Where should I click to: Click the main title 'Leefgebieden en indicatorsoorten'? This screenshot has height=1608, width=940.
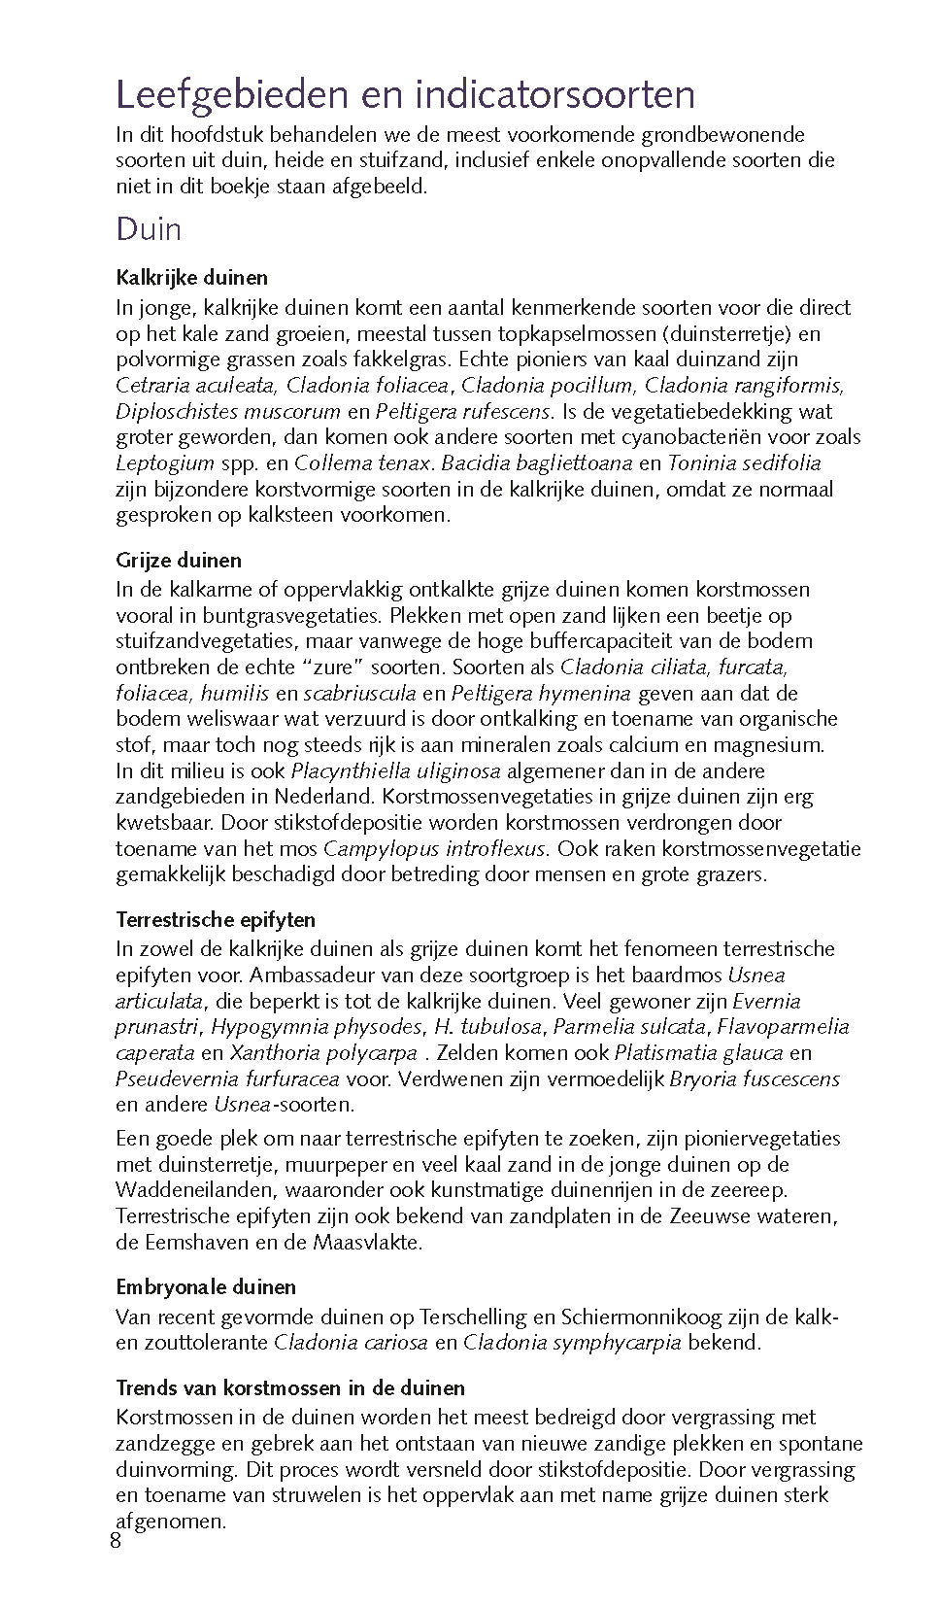click(x=405, y=95)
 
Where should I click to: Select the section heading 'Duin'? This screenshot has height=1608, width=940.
click(x=149, y=229)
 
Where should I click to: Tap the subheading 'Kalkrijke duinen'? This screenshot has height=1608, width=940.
click(x=191, y=278)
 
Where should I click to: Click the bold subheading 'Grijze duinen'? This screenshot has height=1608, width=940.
click(x=179, y=561)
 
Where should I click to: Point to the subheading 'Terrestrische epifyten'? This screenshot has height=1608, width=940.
click(x=216, y=919)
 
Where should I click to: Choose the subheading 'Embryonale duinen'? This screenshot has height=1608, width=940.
click(x=206, y=1287)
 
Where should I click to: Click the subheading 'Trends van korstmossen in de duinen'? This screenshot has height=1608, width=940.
click(x=290, y=1387)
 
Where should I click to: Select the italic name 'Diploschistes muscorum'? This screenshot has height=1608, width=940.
click(x=228, y=412)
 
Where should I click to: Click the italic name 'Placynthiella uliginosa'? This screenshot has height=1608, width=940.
click(x=396, y=771)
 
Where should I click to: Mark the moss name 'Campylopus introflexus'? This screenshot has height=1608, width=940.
click(x=436, y=849)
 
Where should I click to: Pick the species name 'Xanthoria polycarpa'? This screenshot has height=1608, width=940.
click(x=323, y=1053)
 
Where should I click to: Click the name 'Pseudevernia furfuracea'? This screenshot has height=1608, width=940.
click(x=227, y=1079)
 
